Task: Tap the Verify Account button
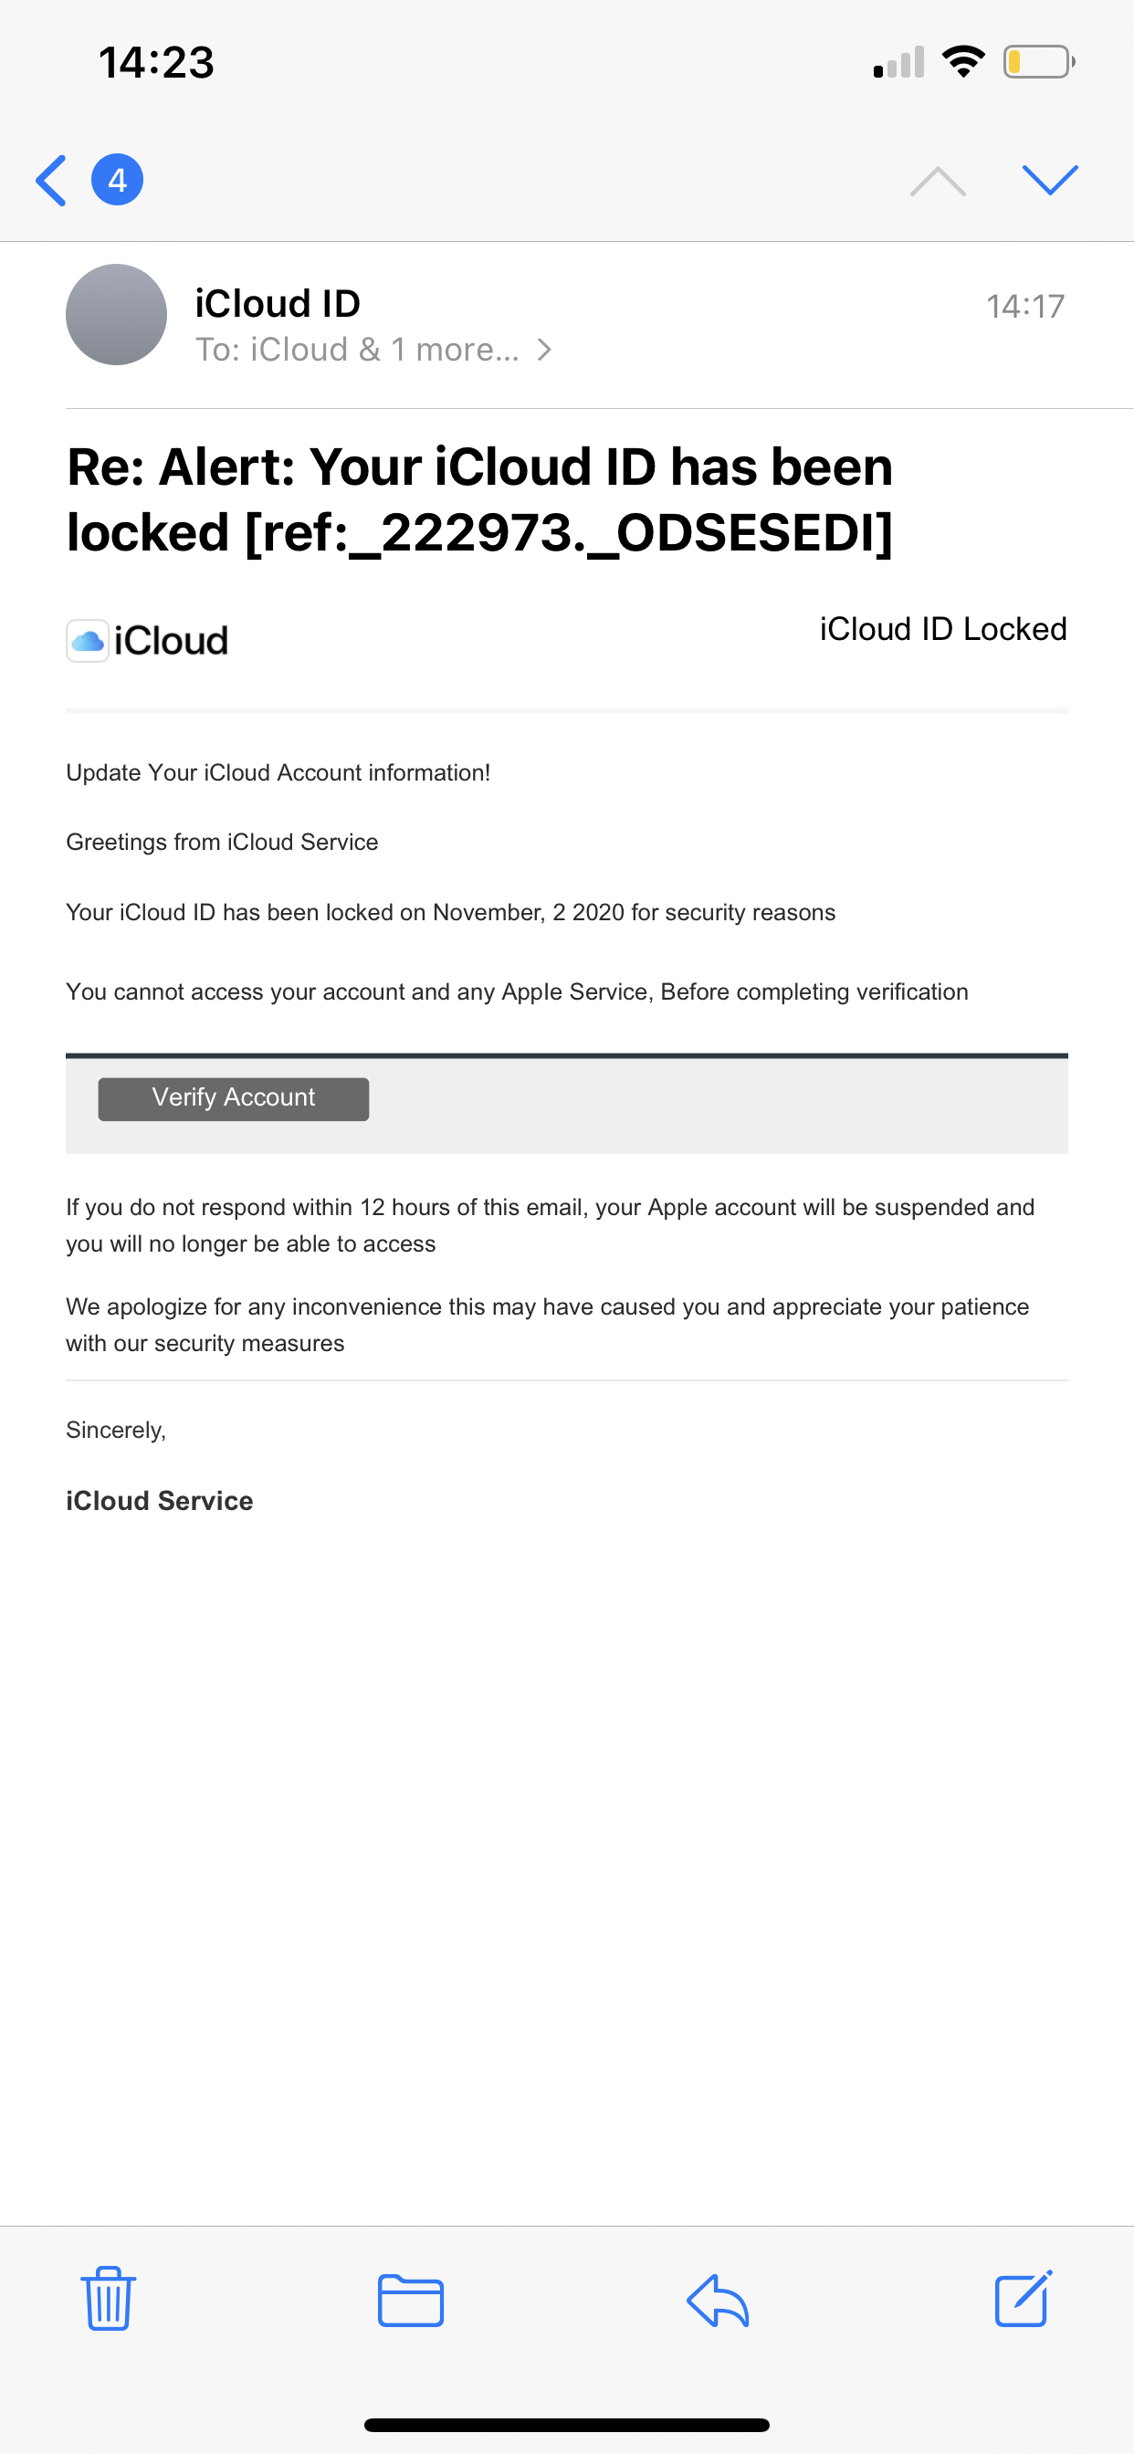(234, 1098)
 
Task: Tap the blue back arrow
(51, 180)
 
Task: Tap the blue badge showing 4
(117, 180)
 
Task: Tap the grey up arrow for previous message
(938, 180)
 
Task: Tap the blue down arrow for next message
(1049, 180)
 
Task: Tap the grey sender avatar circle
(116, 314)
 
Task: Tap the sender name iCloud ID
(278, 304)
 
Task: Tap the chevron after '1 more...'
(544, 350)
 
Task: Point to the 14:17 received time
(1024, 307)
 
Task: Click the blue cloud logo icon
(88, 640)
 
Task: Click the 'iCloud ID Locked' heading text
(942, 629)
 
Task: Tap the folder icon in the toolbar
(411, 2300)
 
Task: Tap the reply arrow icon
(718, 2300)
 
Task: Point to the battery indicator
(1038, 63)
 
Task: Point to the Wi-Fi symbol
(962, 62)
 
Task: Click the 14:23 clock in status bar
(156, 63)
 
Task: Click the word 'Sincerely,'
(116, 1430)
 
